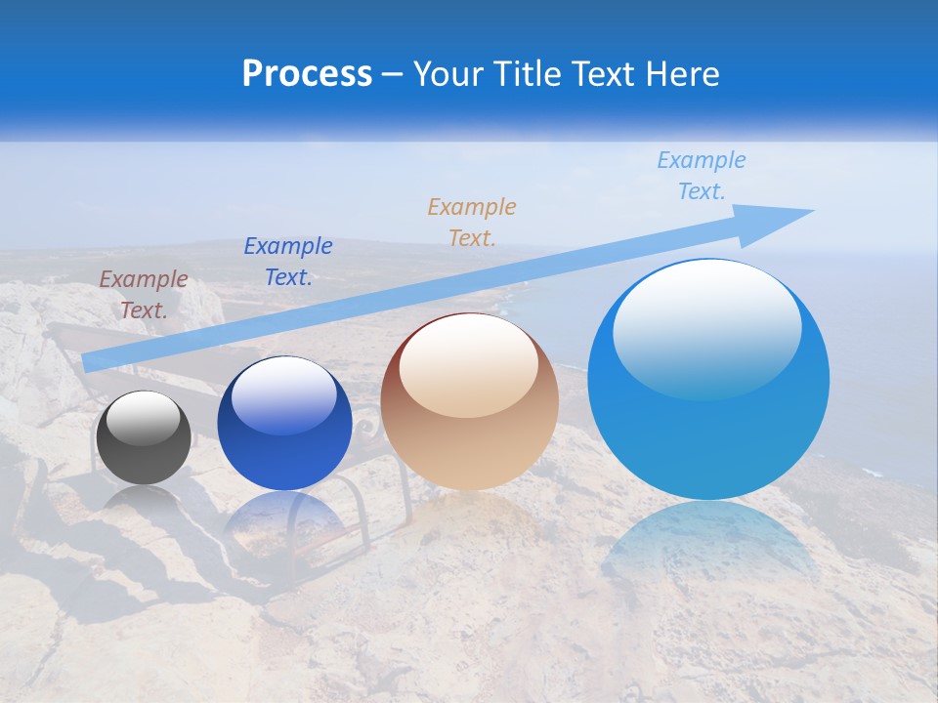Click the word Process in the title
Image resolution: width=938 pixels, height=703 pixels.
pyautogui.click(x=307, y=74)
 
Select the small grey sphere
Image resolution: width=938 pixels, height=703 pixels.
pyautogui.click(x=144, y=436)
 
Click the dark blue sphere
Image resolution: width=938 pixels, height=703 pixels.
pyautogui.click(x=284, y=424)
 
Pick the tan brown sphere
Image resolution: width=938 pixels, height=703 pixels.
pyautogui.click(x=469, y=402)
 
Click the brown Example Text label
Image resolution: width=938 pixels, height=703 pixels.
pyautogui.click(x=144, y=294)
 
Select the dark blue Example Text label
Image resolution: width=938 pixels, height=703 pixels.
pyautogui.click(x=288, y=261)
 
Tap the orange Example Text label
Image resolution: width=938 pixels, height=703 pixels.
pyautogui.click(x=472, y=222)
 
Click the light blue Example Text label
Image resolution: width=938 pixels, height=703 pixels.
pyautogui.click(x=702, y=175)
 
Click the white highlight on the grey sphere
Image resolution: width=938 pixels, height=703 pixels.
pyautogui.click(x=144, y=418)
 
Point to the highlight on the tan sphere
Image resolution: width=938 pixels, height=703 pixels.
pyautogui.click(x=469, y=365)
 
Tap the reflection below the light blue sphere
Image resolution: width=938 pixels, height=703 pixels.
pyautogui.click(x=708, y=547)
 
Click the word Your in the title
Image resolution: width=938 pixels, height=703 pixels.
pyautogui.click(x=448, y=74)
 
